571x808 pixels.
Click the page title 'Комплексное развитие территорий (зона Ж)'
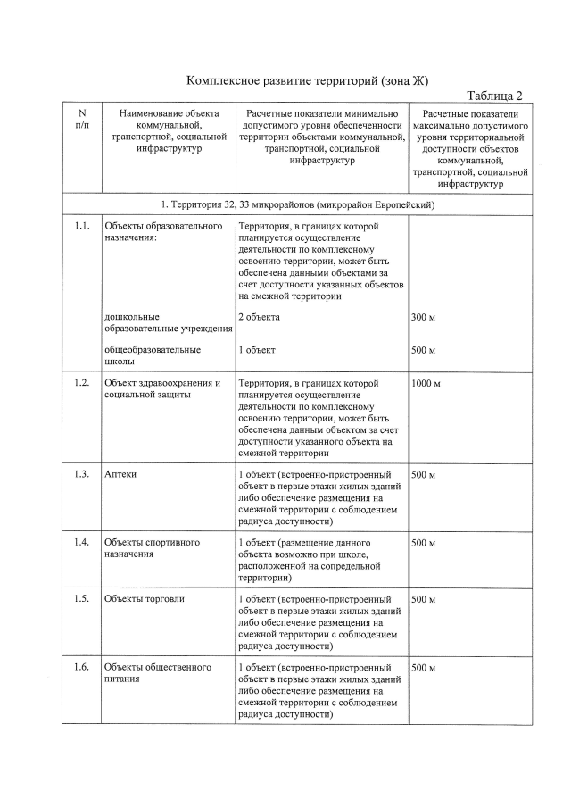point(308,81)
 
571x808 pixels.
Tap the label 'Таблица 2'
point(494,96)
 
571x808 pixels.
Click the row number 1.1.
point(82,227)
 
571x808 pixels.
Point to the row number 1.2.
point(82,384)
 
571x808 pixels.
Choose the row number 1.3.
point(82,474)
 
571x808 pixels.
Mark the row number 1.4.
point(82,543)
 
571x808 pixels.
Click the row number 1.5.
point(82,599)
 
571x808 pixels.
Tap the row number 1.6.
point(82,668)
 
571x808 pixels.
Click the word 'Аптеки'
point(120,474)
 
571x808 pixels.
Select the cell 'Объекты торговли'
point(145,599)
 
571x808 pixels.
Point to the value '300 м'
point(424,317)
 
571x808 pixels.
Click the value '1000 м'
point(426,384)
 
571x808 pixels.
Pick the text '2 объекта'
point(259,317)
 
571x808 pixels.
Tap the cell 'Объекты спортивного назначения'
point(152,548)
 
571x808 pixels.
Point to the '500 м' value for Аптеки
point(424,474)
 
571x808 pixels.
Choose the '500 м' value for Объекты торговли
point(424,599)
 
